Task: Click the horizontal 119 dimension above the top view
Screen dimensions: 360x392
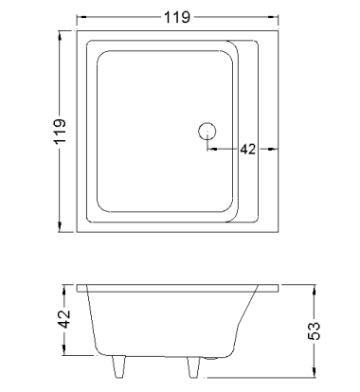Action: [x=177, y=17]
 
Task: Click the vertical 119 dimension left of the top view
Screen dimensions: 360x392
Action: [x=60, y=131]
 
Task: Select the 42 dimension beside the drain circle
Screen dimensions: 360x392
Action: [x=248, y=149]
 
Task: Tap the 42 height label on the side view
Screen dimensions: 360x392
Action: [x=64, y=319]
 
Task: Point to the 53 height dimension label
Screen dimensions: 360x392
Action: [x=314, y=330]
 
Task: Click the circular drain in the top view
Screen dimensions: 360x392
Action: [x=207, y=131]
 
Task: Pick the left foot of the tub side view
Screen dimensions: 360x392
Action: [x=118, y=366]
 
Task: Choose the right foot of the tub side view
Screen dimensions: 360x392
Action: [x=193, y=367]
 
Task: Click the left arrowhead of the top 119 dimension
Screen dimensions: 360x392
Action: [x=81, y=17]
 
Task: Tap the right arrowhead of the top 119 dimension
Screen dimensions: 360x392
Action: [x=274, y=17]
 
